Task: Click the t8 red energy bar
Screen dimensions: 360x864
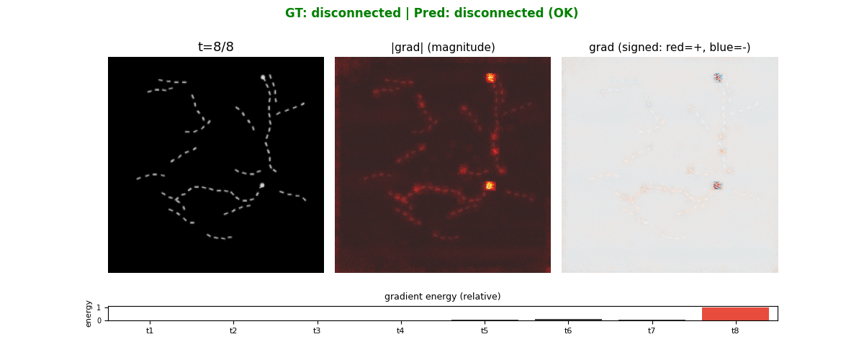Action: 735,314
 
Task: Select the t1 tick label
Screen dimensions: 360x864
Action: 150,330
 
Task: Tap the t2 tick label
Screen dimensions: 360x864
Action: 233,330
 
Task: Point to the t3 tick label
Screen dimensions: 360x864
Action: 317,330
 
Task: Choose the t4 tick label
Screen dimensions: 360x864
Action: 400,330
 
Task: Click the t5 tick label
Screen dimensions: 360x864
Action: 484,330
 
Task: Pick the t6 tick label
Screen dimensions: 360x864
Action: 568,330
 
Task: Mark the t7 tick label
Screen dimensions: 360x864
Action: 652,330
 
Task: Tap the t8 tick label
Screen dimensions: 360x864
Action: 735,330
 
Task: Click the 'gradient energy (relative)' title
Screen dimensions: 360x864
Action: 442,297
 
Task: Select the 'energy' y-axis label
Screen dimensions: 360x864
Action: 89,313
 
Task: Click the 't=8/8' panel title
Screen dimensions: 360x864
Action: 216,48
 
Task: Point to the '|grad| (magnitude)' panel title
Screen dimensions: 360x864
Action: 443,48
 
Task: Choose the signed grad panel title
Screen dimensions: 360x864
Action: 670,48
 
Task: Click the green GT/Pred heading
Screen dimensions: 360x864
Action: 431,13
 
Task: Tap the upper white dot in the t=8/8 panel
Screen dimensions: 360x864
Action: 263,77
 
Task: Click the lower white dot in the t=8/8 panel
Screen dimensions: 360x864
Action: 262,185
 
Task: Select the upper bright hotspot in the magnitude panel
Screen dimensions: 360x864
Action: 490,78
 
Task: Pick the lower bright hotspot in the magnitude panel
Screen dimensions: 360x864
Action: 490,186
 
